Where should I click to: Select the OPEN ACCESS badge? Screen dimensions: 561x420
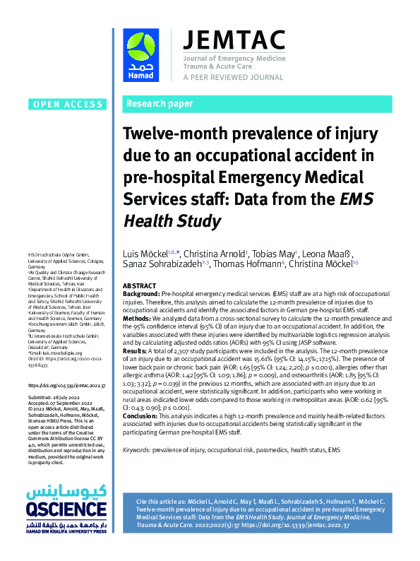(x=67, y=105)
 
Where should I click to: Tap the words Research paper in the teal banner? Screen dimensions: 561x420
(x=159, y=104)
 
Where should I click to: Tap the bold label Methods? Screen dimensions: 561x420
(x=138, y=319)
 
